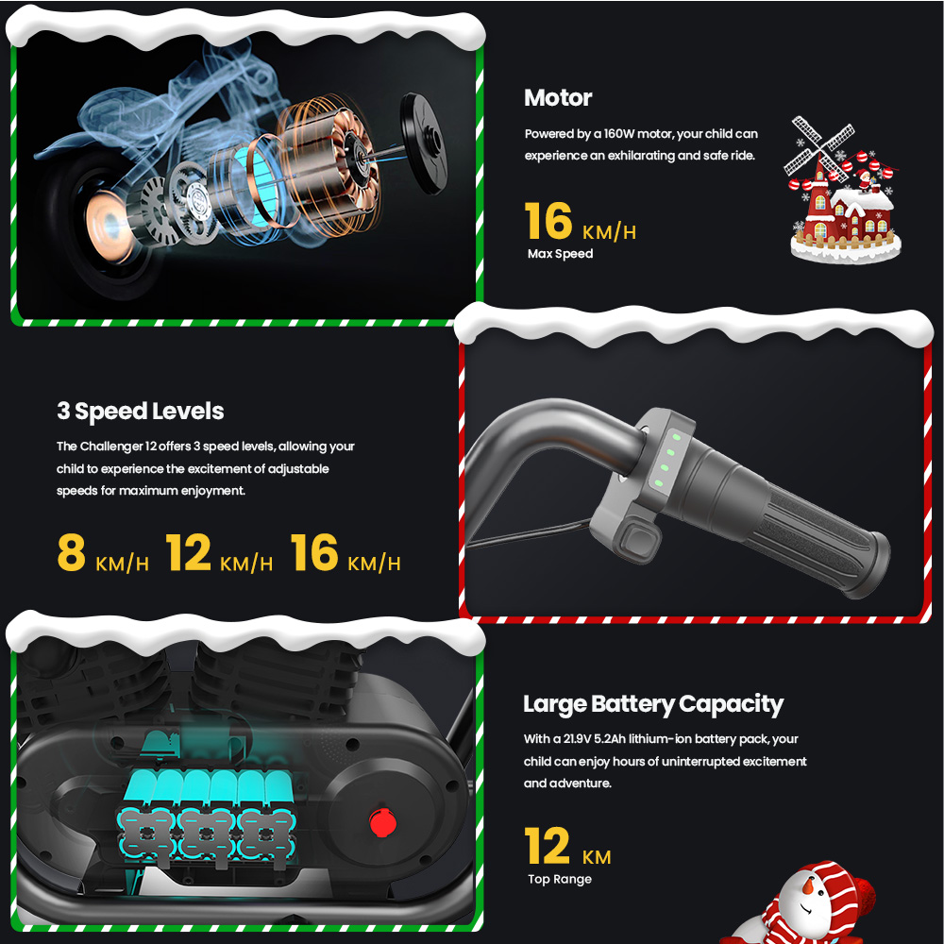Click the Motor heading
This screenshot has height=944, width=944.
(558, 97)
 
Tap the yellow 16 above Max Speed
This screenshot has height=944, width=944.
(548, 221)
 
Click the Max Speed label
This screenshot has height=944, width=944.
(560, 253)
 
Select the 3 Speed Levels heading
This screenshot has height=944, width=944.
(141, 412)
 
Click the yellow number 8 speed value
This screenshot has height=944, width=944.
(71, 552)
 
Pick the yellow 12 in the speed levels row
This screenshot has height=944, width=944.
(188, 552)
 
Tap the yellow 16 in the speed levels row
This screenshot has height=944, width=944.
(313, 552)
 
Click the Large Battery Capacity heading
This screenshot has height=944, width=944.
(653, 704)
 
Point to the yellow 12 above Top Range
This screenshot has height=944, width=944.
(547, 845)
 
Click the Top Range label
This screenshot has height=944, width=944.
(559, 879)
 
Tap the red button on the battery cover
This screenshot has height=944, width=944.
(382, 823)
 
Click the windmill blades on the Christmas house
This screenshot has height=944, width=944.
(818, 144)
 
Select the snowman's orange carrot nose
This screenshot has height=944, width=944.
(808, 885)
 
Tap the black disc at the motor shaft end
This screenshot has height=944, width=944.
(425, 143)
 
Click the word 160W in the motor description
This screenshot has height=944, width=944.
(619, 134)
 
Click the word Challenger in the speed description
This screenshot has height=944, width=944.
(111, 447)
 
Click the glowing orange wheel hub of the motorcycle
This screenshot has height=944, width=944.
(108, 226)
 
